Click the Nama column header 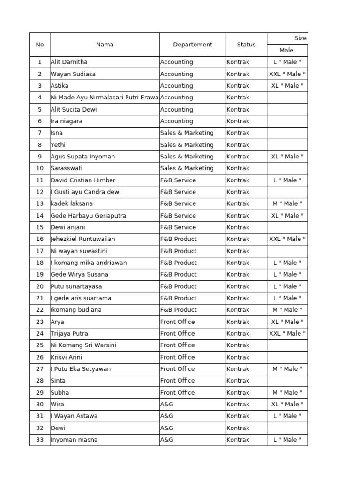coord(105,45)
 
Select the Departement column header coord(193,45)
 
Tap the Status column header coord(246,45)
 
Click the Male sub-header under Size coord(286,50)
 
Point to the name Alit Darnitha coord(69,62)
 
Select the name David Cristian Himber coord(83,180)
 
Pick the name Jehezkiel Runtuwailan coord(83,239)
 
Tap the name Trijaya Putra coord(69,334)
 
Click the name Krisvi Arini coord(66,357)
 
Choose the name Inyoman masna coord(74,440)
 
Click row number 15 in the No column coord(40,227)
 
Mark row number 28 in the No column coord(40,381)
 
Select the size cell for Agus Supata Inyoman coord(287,157)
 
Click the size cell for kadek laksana coord(287,203)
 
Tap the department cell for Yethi coord(187,145)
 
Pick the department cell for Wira coord(167,404)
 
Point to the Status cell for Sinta coord(238,381)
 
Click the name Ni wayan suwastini coord(78,251)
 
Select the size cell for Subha coord(287,392)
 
